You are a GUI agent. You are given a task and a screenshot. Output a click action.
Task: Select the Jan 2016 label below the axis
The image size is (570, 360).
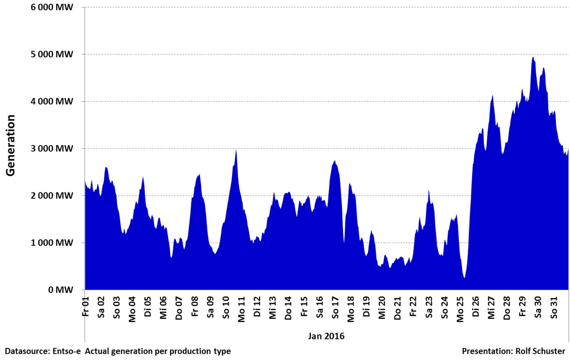pos(326,336)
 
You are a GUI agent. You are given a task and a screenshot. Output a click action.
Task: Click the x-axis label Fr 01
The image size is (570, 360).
pos(85,306)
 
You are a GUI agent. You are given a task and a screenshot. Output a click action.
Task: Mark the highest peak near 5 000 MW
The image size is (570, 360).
pos(533,57)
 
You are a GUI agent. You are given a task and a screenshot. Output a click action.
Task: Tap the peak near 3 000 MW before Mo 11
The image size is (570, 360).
pos(236,150)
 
